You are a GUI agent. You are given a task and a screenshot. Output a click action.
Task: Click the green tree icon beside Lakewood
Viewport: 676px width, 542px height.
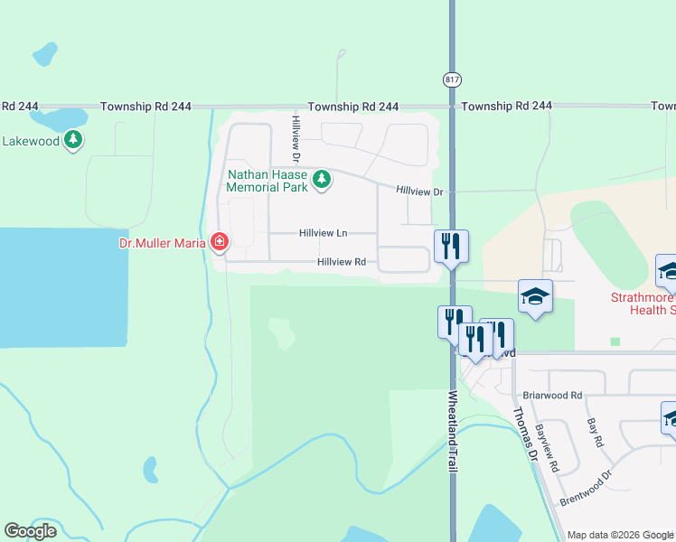[73, 141]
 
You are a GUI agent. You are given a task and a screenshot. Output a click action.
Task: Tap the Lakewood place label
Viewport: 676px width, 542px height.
[31, 141]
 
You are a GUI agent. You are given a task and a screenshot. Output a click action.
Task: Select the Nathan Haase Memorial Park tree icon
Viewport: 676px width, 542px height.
[322, 181]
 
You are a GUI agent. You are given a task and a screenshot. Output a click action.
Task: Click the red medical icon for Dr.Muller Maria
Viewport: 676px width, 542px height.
[218, 242]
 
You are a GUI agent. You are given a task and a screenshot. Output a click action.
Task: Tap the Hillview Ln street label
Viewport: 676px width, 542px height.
[324, 233]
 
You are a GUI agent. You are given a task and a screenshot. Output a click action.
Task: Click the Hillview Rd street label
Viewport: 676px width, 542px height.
[341, 262]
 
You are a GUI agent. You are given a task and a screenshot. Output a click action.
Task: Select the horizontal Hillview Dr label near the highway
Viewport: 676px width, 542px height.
[419, 192]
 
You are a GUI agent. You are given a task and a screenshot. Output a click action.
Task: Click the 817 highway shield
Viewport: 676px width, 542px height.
[451, 79]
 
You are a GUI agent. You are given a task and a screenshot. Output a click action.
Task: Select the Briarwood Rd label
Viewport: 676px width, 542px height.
[553, 396]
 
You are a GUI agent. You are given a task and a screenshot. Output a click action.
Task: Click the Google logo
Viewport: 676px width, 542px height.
[30, 531]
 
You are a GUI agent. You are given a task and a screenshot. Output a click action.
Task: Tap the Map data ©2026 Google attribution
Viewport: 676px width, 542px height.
[620, 535]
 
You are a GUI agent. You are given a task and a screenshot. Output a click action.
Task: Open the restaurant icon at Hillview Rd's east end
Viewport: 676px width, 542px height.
[451, 245]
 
